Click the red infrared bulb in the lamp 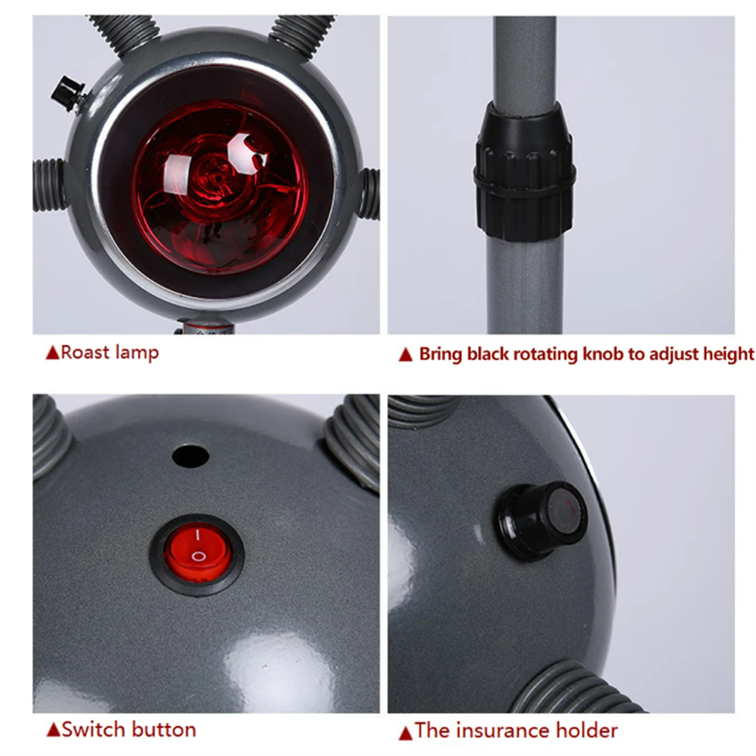click(x=220, y=187)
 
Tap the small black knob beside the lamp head click(x=68, y=94)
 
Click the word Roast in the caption click(x=85, y=352)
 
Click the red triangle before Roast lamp click(x=52, y=352)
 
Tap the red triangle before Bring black click(x=406, y=355)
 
